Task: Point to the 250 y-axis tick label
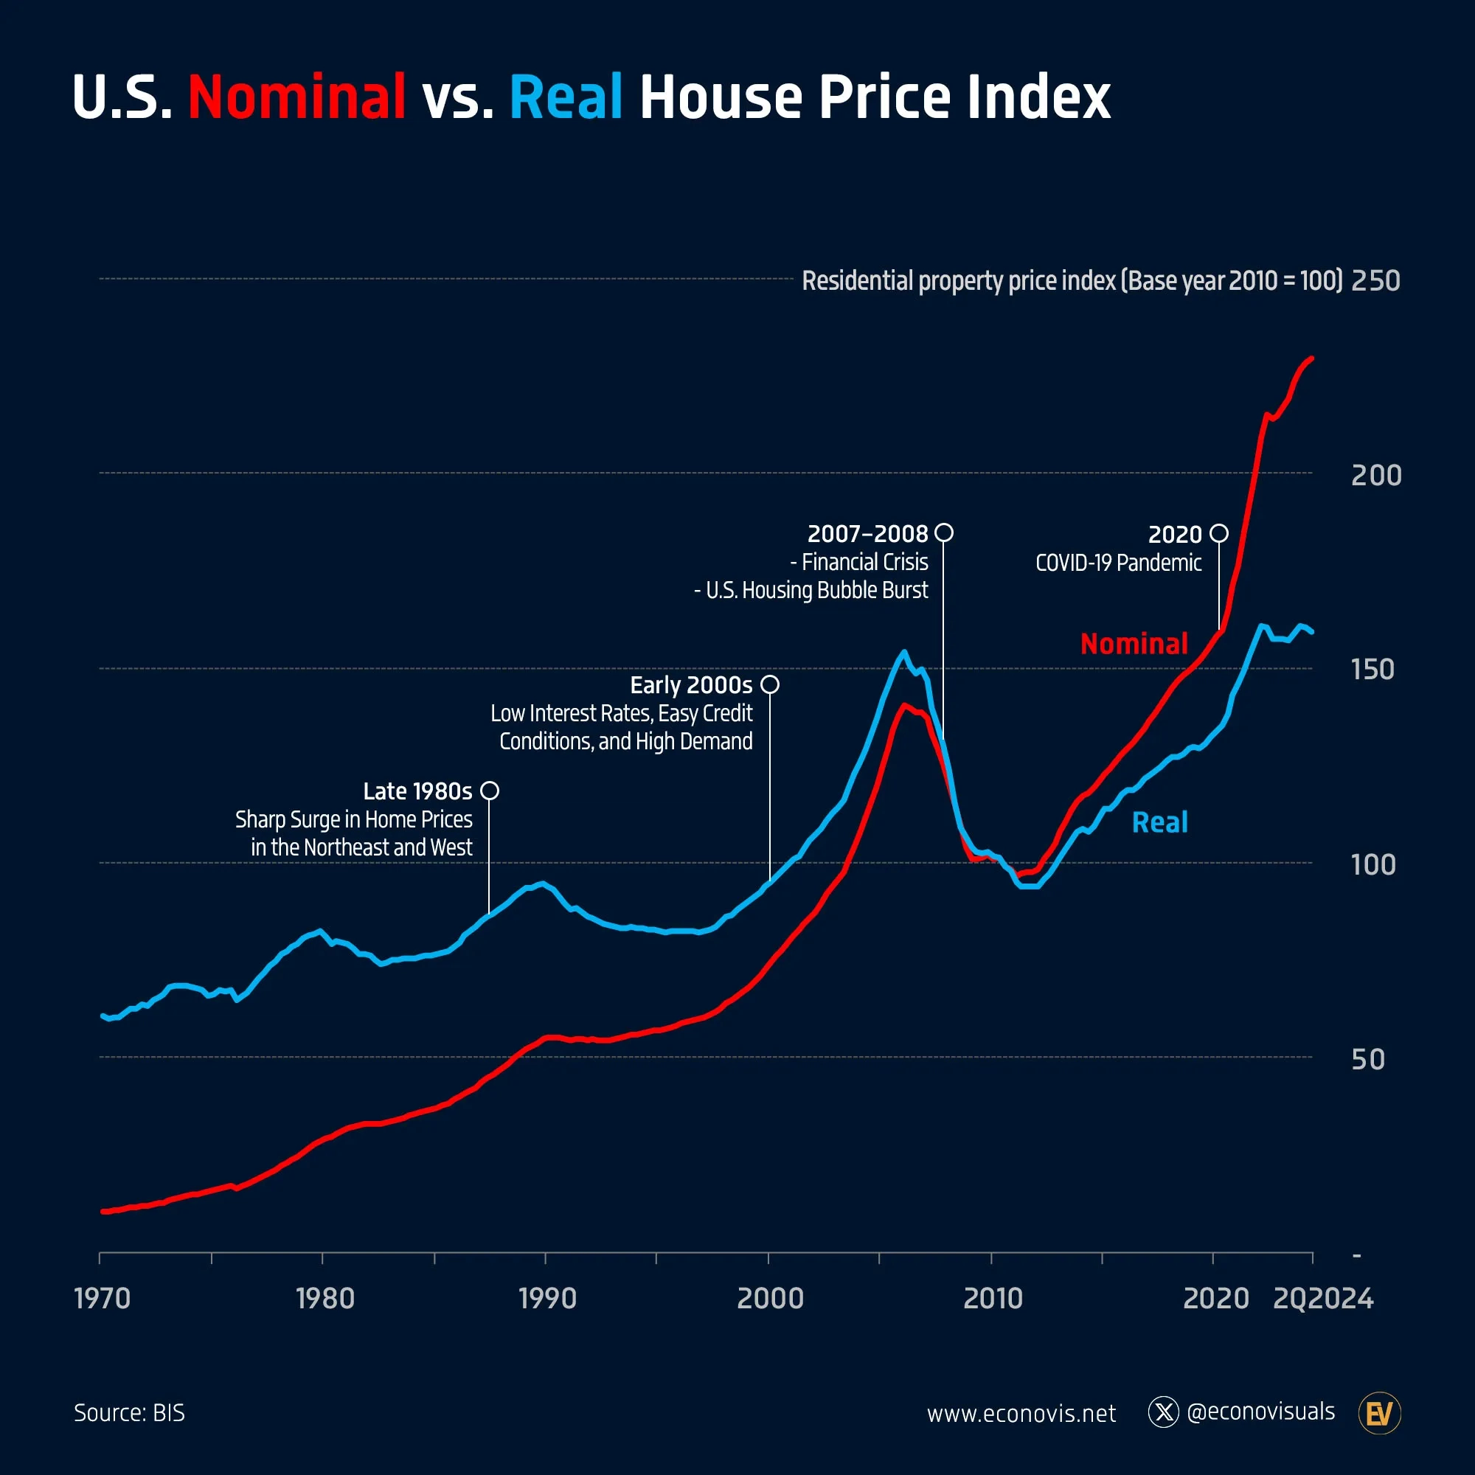click(1375, 281)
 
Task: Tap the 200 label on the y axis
click(1375, 476)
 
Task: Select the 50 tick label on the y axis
click(1367, 1060)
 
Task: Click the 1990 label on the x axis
click(547, 1299)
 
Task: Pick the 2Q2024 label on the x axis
click(1322, 1299)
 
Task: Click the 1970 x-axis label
click(103, 1299)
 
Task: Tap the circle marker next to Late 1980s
click(490, 790)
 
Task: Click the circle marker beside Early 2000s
click(769, 684)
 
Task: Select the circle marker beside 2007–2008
click(944, 532)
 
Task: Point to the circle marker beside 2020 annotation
click(1218, 533)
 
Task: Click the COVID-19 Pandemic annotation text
click(1118, 563)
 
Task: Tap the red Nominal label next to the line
click(1134, 644)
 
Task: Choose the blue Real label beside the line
click(1159, 822)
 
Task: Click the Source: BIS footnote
click(129, 1412)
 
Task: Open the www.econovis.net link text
click(1021, 1414)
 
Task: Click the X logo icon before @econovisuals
click(1163, 1412)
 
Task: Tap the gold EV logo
click(1379, 1413)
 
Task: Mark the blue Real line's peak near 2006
click(904, 651)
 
